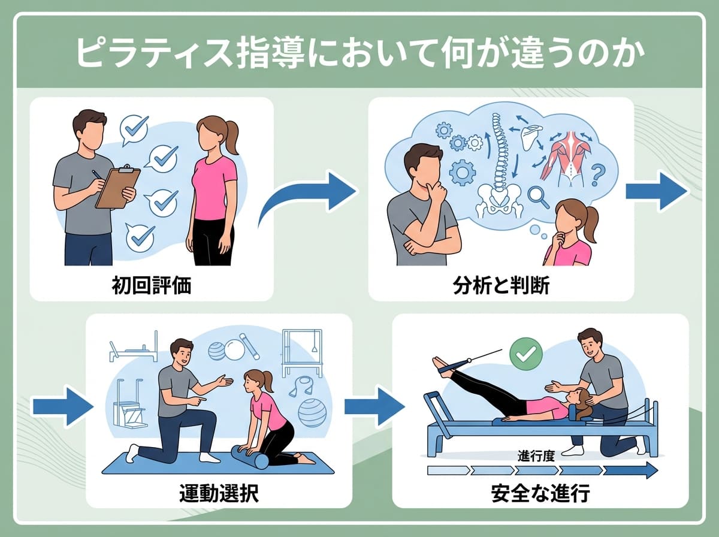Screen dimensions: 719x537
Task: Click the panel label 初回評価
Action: pyautogui.click(x=152, y=285)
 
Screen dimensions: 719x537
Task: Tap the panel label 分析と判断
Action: pyautogui.click(x=501, y=285)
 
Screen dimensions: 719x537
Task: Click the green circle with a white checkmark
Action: pyautogui.click(x=526, y=354)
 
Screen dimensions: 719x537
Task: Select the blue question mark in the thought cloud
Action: pyautogui.click(x=598, y=175)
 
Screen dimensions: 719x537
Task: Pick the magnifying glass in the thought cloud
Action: pyautogui.click(x=538, y=197)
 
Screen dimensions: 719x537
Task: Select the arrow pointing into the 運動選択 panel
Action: pyautogui.click(x=63, y=407)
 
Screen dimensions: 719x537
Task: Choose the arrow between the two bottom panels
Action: pyautogui.click(x=374, y=407)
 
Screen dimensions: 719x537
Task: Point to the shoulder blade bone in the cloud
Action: pyautogui.click(x=531, y=137)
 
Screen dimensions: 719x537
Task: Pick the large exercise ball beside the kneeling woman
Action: pyautogui.click(x=312, y=412)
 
